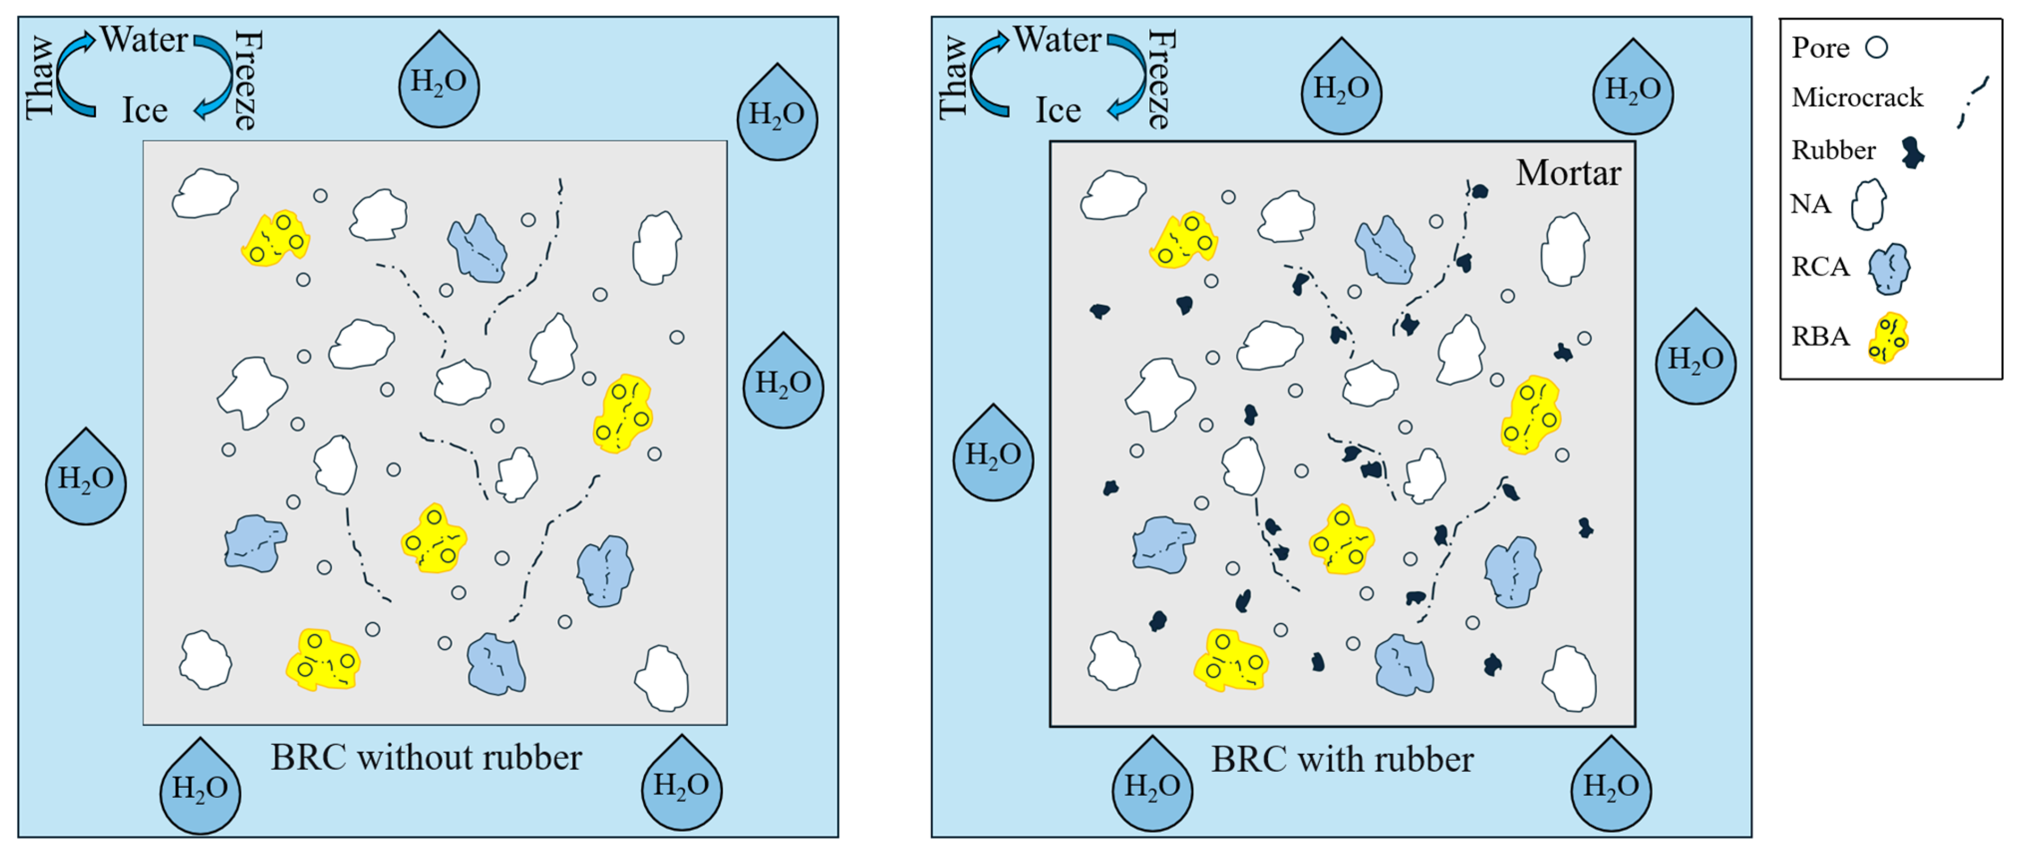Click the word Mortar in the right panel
(1568, 173)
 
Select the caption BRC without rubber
(426, 757)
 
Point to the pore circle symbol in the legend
(1876, 47)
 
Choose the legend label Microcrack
(1857, 97)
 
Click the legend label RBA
(1820, 336)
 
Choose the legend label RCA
(1820, 267)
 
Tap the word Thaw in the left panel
(39, 78)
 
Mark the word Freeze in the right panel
(1160, 78)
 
